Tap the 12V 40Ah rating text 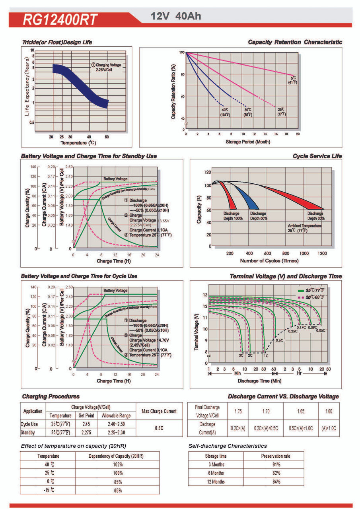click(175, 16)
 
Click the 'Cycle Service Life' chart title click(317, 156)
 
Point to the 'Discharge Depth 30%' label click(315, 216)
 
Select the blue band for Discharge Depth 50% click(248, 199)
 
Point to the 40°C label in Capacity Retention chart click(225, 112)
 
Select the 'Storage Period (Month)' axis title click(243, 142)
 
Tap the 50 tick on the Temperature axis click(107, 136)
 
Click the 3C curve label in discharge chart click(241, 355)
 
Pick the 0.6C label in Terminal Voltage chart click(279, 340)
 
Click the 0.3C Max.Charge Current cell click(159, 428)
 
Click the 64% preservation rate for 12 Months click(276, 482)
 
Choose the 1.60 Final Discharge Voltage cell click(329, 411)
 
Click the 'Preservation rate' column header click(276, 456)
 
